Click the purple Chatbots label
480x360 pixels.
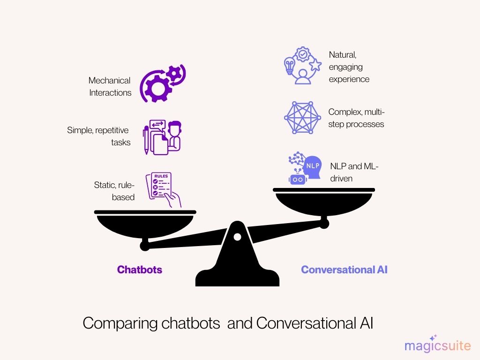[139, 270]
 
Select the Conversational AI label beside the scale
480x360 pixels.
[344, 270]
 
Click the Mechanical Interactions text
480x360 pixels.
[110, 87]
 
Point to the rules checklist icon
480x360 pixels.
[163, 189]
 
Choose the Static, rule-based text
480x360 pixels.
[114, 191]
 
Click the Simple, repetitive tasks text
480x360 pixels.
[99, 136]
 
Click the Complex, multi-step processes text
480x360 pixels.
[356, 118]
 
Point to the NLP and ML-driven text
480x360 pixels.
[354, 172]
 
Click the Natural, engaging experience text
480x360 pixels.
[349, 67]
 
